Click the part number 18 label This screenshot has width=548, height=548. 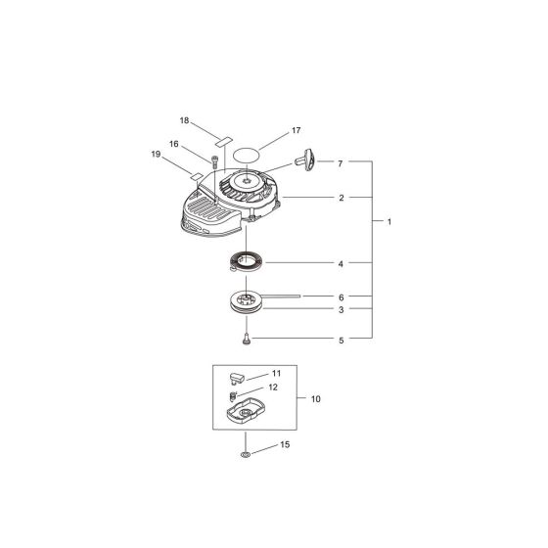(183, 120)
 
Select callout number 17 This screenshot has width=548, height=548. (295, 129)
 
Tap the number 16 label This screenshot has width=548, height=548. (173, 144)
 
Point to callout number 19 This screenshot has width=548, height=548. (157, 154)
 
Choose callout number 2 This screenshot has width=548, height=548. (341, 198)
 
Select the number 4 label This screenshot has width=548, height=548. (341, 263)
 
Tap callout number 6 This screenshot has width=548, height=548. (341, 296)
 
